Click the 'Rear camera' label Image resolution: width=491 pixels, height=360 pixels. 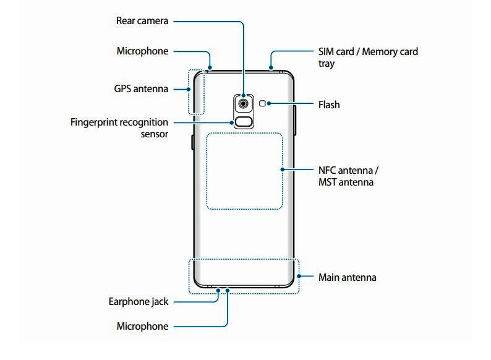(x=142, y=21)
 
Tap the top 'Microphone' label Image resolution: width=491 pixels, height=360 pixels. (x=142, y=51)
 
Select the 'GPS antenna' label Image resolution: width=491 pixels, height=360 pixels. (x=140, y=88)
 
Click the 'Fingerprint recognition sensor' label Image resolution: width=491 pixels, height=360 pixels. (x=119, y=128)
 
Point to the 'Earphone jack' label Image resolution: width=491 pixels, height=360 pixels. (x=137, y=302)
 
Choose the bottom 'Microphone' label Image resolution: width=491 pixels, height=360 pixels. (x=142, y=326)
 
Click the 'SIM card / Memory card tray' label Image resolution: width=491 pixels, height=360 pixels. (x=367, y=57)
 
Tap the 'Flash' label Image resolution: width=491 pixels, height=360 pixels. (x=328, y=105)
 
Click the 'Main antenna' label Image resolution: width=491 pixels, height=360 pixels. (x=347, y=277)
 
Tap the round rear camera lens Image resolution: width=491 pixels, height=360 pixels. (x=244, y=103)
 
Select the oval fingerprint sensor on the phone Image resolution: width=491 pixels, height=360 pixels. (x=244, y=121)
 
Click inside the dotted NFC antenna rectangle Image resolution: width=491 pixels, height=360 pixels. (x=244, y=170)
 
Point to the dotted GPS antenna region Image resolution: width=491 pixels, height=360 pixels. (x=197, y=92)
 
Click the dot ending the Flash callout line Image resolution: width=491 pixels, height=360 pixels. (x=270, y=104)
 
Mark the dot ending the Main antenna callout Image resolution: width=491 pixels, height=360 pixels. (x=298, y=277)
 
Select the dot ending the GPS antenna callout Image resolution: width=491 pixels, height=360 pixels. (x=189, y=89)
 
